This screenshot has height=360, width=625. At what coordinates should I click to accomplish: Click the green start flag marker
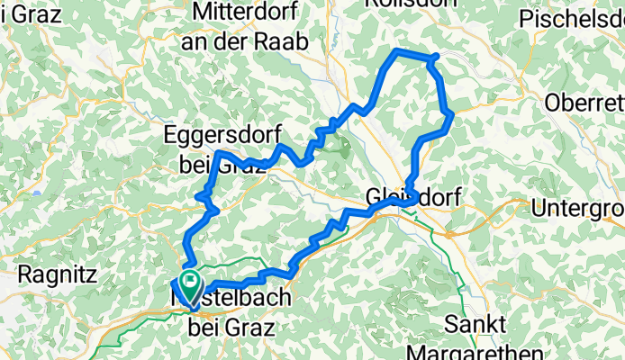[191, 283]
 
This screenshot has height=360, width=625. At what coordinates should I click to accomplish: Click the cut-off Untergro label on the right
[577, 209]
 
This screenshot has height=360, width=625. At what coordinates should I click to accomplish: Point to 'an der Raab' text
[244, 41]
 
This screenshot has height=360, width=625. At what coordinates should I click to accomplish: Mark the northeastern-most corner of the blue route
[436, 57]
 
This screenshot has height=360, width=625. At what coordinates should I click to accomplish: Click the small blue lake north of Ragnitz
[36, 193]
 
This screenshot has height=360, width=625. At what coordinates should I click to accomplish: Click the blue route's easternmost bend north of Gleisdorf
[449, 113]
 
